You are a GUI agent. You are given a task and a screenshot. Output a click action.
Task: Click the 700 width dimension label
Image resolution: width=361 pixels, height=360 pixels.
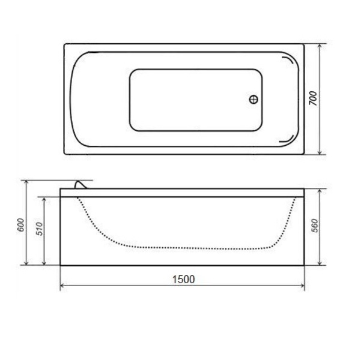(x=313, y=98)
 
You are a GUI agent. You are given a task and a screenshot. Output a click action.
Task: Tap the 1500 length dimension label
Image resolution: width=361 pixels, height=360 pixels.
(x=183, y=279)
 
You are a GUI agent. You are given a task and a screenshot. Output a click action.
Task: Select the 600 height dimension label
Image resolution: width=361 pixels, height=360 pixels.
(x=20, y=225)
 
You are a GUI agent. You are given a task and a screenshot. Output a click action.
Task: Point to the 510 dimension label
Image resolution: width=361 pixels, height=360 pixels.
(x=40, y=229)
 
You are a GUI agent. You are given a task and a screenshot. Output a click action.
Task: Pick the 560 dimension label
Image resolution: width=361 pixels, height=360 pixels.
(x=315, y=226)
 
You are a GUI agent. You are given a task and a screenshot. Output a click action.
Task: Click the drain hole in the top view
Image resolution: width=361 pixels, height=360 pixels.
(x=253, y=100)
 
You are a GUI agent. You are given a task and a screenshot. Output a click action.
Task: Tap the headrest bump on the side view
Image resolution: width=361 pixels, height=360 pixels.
(x=80, y=185)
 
